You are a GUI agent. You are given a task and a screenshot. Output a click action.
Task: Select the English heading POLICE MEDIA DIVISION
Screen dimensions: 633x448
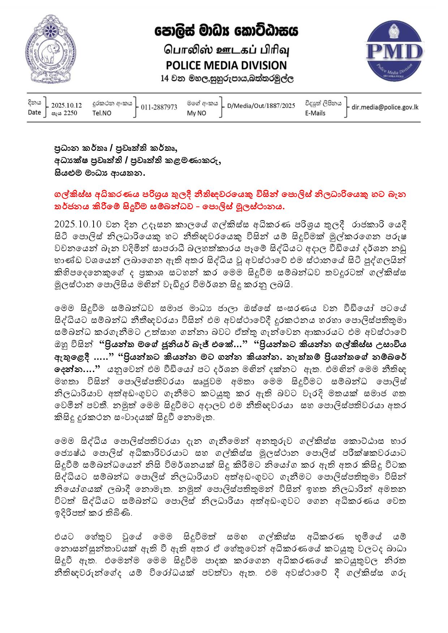(226, 65)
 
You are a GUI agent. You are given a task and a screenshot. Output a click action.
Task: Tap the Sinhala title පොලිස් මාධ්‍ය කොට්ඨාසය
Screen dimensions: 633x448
(226, 32)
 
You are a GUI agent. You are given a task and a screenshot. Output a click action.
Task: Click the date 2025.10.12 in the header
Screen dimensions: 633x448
(66, 105)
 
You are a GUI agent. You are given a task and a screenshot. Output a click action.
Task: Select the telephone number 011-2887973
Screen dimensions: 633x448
(159, 107)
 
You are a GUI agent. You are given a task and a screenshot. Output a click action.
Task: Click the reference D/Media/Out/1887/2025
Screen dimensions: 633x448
(261, 106)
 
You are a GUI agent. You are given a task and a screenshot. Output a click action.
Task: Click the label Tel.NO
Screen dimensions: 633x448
(102, 113)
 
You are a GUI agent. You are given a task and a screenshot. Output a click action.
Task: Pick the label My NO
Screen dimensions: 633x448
(197, 113)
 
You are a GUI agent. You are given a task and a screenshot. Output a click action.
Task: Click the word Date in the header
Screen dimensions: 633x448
(34, 112)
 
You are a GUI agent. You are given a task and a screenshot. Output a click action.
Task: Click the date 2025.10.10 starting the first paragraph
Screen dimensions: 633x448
(78, 224)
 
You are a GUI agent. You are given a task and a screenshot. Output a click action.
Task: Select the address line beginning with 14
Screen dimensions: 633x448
(227, 78)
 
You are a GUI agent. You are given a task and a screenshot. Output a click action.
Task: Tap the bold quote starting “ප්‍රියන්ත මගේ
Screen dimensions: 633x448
(173, 344)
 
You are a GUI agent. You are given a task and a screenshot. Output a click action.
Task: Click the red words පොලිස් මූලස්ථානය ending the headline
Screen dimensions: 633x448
(249, 207)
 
